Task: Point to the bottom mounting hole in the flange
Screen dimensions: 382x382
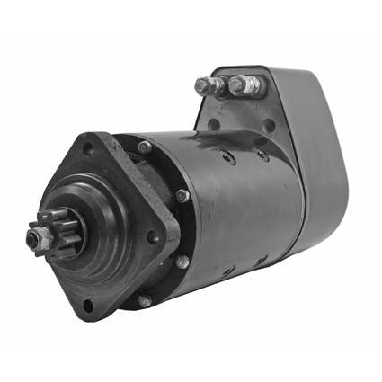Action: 87,305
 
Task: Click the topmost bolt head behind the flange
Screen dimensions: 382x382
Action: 144,147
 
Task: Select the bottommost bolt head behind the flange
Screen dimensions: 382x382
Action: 145,301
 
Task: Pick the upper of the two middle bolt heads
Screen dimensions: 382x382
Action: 182,195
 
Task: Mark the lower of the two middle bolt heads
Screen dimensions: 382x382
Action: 182,262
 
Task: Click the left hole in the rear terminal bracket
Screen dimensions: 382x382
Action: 217,126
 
